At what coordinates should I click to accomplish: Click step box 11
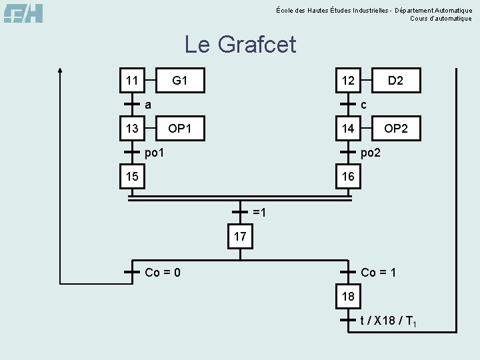(x=132, y=81)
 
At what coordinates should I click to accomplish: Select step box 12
(x=348, y=81)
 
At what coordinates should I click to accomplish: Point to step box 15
(x=132, y=177)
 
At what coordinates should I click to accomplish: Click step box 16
(x=348, y=177)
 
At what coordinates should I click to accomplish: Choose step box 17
(x=240, y=237)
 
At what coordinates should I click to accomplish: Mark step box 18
(x=348, y=296)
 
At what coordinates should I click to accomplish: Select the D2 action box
(x=396, y=81)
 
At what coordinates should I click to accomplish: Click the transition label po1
(x=155, y=153)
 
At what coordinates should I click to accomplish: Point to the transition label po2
(x=371, y=153)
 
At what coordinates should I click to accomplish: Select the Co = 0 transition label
(x=163, y=272)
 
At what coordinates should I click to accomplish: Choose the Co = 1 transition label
(x=379, y=272)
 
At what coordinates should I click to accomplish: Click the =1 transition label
(x=259, y=213)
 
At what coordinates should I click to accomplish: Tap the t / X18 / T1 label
(x=389, y=321)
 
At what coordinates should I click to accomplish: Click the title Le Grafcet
(x=240, y=45)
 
